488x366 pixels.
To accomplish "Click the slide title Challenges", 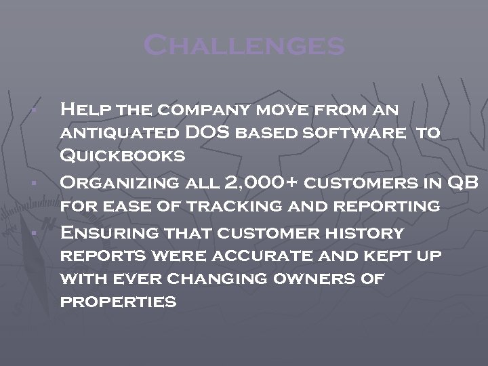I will coord(244,46).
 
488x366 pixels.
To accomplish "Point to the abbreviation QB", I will coord(464,182).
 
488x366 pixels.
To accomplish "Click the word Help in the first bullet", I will coord(86,108).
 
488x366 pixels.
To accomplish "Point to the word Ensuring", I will coord(109,233).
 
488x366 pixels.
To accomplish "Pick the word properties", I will coord(119,302).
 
